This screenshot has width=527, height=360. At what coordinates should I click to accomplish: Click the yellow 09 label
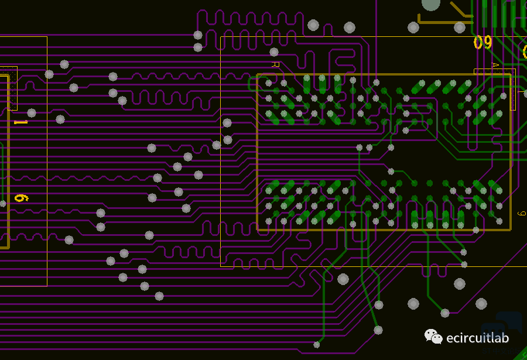point(482,43)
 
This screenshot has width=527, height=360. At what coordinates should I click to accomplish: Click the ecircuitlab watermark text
point(477,338)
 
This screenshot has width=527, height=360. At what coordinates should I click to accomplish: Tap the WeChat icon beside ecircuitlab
point(433,337)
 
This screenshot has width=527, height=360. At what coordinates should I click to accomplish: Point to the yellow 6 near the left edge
point(20,198)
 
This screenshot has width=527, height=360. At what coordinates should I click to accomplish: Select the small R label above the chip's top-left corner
point(275,64)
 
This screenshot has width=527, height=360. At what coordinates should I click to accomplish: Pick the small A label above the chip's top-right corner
point(495,65)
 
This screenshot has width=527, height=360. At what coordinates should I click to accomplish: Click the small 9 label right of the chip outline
point(522,214)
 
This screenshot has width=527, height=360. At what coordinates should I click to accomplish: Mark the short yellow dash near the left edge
point(20,122)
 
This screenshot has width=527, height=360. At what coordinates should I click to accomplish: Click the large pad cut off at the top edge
point(431,4)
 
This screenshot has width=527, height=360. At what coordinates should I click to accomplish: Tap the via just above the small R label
point(274,52)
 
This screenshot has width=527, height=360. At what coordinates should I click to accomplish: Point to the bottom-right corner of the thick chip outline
point(510,229)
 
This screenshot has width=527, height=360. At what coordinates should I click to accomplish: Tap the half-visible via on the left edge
point(2,204)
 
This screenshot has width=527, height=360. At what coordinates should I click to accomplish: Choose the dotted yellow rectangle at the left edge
point(12,88)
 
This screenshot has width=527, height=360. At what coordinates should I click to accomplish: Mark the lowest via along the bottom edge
point(317,344)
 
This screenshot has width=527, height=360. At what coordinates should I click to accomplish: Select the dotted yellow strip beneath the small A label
point(513,90)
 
